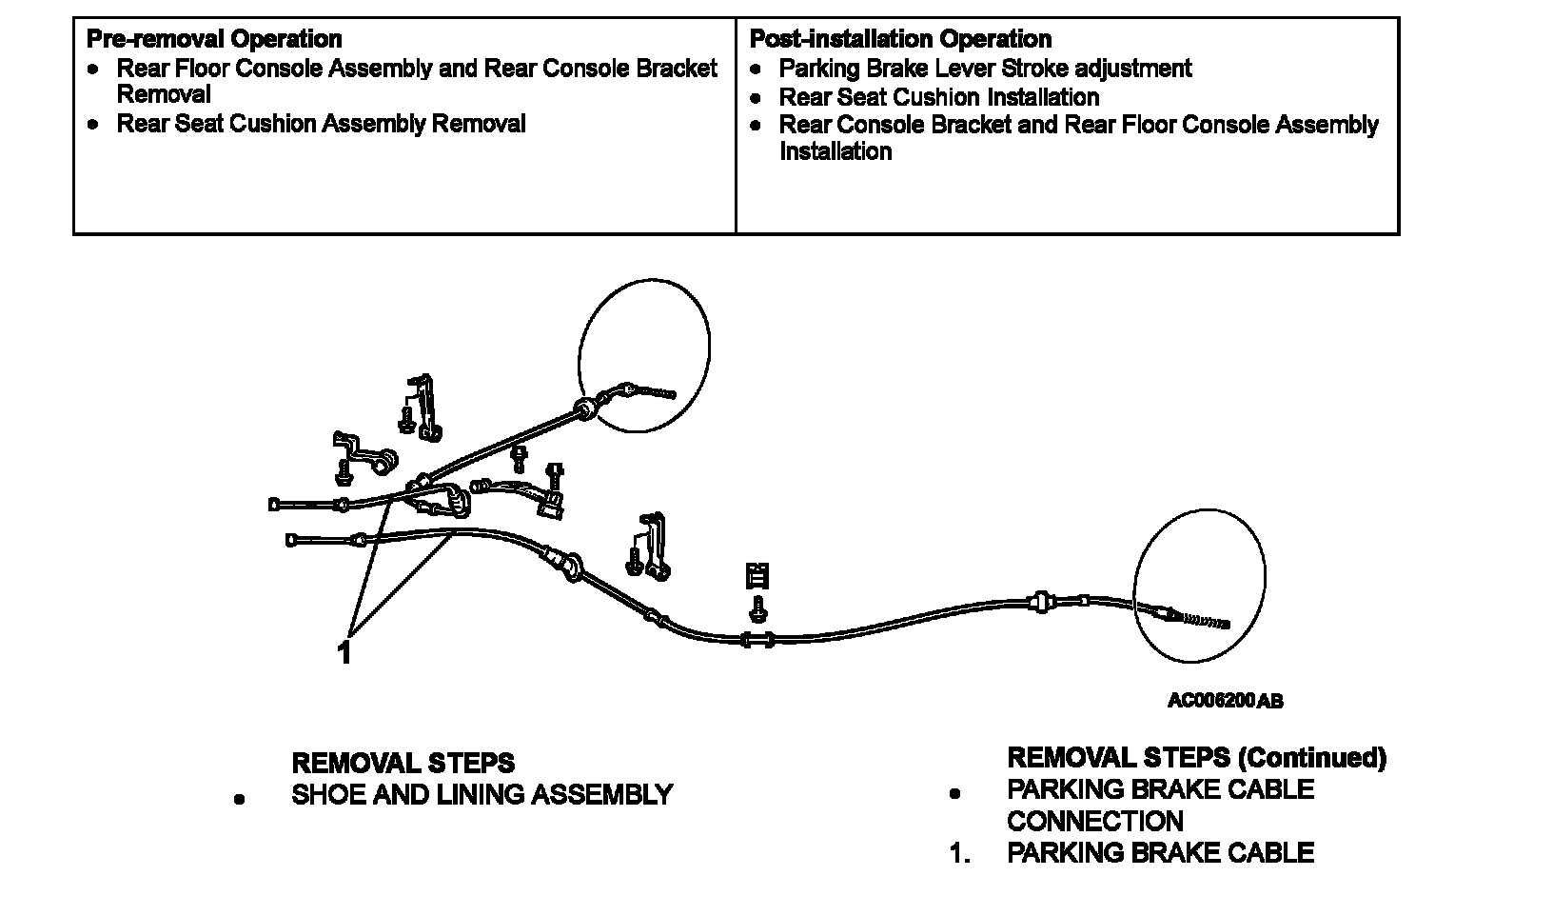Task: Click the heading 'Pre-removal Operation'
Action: (213, 39)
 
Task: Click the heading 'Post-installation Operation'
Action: (900, 39)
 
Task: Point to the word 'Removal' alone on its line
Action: (164, 94)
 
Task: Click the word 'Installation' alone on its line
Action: (835, 151)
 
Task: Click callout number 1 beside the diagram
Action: (344, 653)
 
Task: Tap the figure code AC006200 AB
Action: (1225, 701)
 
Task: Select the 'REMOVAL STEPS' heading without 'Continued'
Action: (403, 764)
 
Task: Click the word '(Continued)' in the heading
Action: (1311, 758)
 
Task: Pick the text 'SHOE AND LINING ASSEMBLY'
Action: (482, 795)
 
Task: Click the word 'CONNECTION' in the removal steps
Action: (1094, 821)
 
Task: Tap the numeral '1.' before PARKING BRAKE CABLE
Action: (959, 853)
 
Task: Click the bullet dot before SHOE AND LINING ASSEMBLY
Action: (239, 799)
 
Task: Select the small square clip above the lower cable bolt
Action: (757, 575)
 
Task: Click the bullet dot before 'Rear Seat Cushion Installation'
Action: (756, 98)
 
